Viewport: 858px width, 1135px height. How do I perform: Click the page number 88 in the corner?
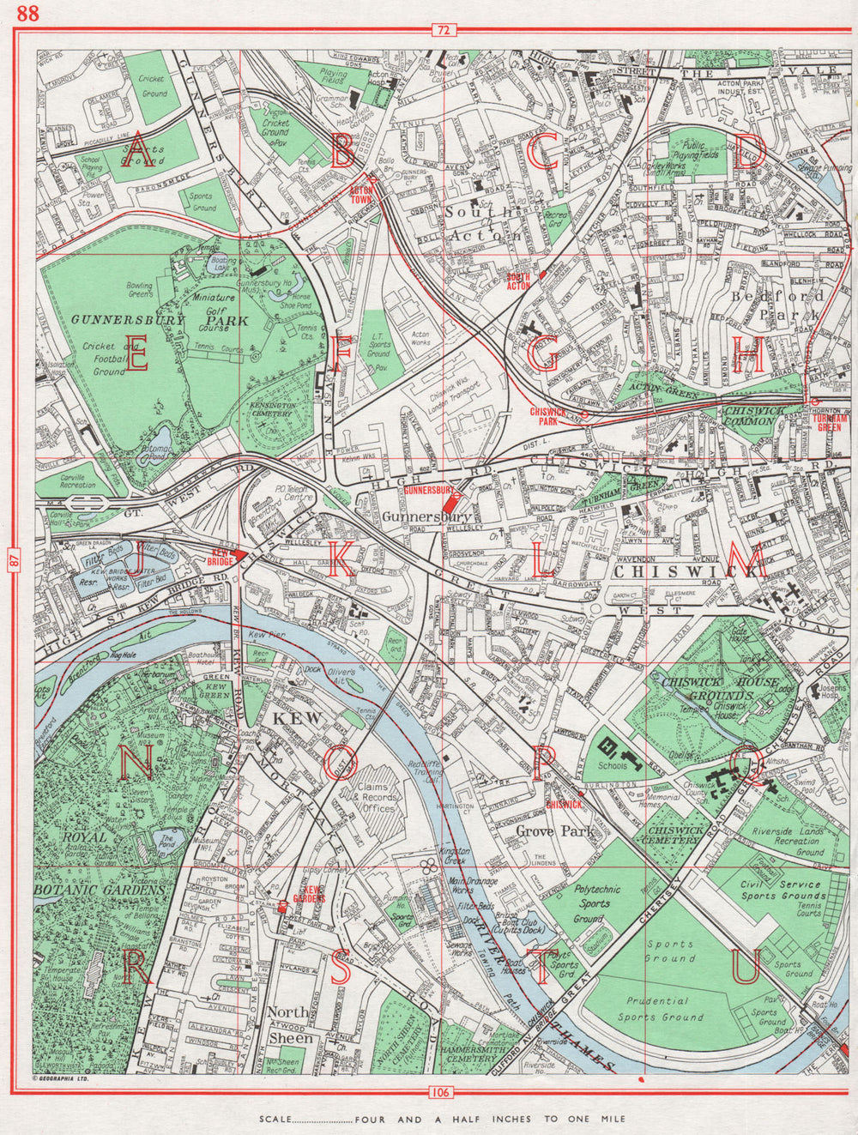click(x=27, y=13)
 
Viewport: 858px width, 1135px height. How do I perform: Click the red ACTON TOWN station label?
click(x=360, y=194)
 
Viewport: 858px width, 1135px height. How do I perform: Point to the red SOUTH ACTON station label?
click(x=518, y=281)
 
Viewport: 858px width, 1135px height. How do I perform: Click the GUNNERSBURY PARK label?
click(x=160, y=320)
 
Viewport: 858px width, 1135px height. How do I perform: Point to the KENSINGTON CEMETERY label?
click(x=272, y=409)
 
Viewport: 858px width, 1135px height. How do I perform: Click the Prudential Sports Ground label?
click(x=658, y=1009)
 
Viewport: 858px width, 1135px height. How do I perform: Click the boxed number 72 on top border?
click(x=442, y=31)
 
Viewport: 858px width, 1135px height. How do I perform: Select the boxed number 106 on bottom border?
click(x=442, y=1092)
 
